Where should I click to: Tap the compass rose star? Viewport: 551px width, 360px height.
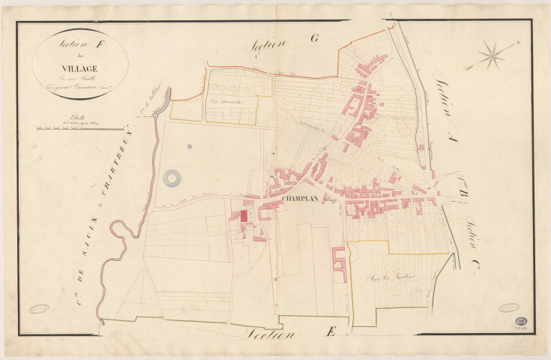tap(493, 54)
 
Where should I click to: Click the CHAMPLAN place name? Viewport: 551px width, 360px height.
tap(304, 199)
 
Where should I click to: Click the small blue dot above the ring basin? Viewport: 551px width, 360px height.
tap(190, 145)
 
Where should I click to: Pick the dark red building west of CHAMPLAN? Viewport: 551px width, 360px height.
tap(243, 216)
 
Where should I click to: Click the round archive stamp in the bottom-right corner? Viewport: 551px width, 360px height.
tap(520, 320)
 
